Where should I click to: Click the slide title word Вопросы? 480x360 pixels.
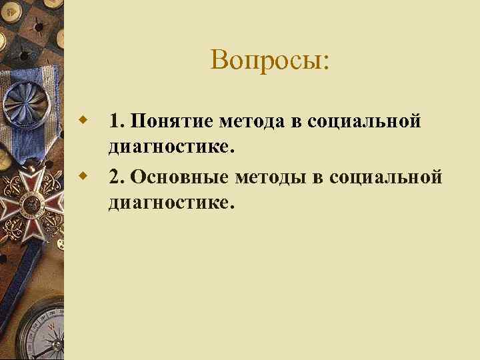269,60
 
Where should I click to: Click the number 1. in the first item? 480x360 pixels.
117,122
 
